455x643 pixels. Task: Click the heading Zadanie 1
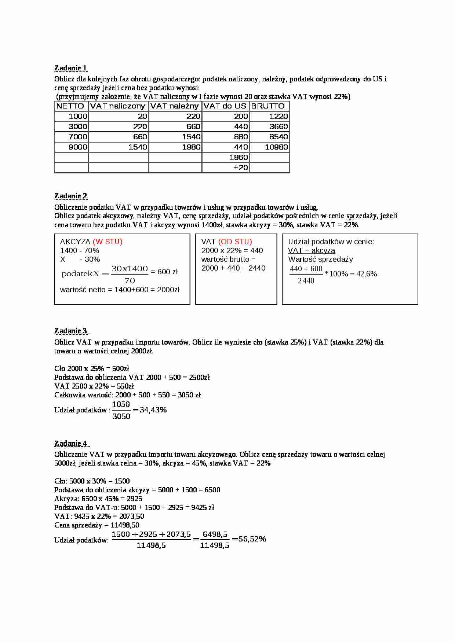point(71,68)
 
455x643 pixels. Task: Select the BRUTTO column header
point(268,106)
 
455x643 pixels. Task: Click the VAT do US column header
point(225,106)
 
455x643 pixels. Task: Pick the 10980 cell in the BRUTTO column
point(276,147)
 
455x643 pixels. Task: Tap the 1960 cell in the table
point(239,157)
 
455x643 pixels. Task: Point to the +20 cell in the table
point(241,168)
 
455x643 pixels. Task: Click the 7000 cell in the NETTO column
point(78,137)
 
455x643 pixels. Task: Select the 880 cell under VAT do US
point(241,137)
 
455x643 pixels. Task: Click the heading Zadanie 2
point(71,196)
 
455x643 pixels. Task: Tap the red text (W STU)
point(108,242)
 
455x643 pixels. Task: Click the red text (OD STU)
point(235,242)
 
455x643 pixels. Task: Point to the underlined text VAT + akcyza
point(312,250)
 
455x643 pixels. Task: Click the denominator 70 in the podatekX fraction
point(130,280)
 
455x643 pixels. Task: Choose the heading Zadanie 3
point(71,331)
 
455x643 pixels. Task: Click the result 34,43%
point(153,410)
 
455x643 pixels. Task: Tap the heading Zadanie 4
point(71,444)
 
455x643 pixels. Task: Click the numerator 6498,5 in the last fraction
point(215,534)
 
